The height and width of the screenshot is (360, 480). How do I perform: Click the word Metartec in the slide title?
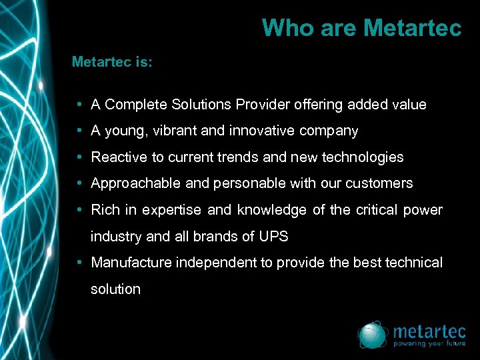(413, 28)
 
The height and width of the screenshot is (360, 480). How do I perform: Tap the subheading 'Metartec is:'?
(112, 62)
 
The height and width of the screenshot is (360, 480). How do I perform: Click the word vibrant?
(175, 131)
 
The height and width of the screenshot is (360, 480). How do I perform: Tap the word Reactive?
(118, 157)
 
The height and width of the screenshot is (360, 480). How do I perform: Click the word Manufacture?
(131, 263)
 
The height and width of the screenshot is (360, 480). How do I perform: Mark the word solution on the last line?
(115, 289)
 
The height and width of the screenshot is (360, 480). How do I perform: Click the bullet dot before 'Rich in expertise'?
(79, 210)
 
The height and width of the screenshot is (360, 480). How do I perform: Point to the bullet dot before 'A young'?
(79, 131)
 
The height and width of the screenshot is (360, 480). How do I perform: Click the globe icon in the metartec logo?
(372, 335)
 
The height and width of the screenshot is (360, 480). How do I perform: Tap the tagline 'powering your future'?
(429, 345)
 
